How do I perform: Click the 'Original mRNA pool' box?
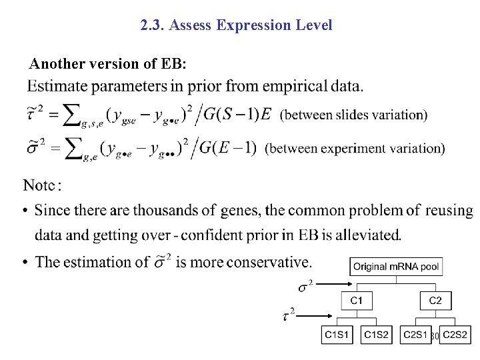pyautogui.click(x=396, y=267)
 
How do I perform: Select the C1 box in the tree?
pyautogui.click(x=357, y=301)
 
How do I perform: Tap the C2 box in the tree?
pyautogui.click(x=435, y=301)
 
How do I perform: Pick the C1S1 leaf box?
pyautogui.click(x=337, y=335)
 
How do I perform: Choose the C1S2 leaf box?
pyautogui.click(x=377, y=335)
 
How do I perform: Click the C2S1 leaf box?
pyautogui.click(x=416, y=335)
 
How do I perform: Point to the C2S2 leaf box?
pyautogui.click(x=455, y=335)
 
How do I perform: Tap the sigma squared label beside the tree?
pyautogui.click(x=305, y=287)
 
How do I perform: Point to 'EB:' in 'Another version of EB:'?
pyautogui.click(x=174, y=64)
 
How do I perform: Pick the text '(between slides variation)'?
pyautogui.click(x=353, y=115)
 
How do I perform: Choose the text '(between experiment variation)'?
pyautogui.click(x=355, y=147)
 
